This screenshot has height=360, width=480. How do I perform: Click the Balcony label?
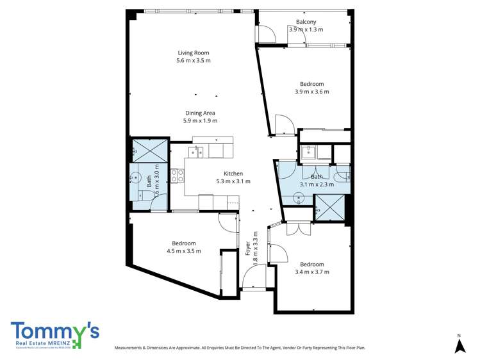[x=306, y=22]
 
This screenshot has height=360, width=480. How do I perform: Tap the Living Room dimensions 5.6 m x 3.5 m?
[x=193, y=61]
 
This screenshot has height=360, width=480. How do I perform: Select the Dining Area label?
[x=200, y=113]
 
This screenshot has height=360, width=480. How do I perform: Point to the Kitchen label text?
[x=233, y=174]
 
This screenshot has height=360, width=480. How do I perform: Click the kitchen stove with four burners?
[x=178, y=174]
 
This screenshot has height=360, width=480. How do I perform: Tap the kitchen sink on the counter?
[x=196, y=151]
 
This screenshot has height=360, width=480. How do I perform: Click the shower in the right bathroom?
[x=328, y=206]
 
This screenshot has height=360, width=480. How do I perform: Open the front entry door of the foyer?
[x=254, y=279]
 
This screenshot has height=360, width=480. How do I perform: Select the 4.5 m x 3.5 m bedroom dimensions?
[x=183, y=251]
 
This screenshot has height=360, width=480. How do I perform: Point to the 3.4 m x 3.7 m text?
[x=311, y=272]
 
